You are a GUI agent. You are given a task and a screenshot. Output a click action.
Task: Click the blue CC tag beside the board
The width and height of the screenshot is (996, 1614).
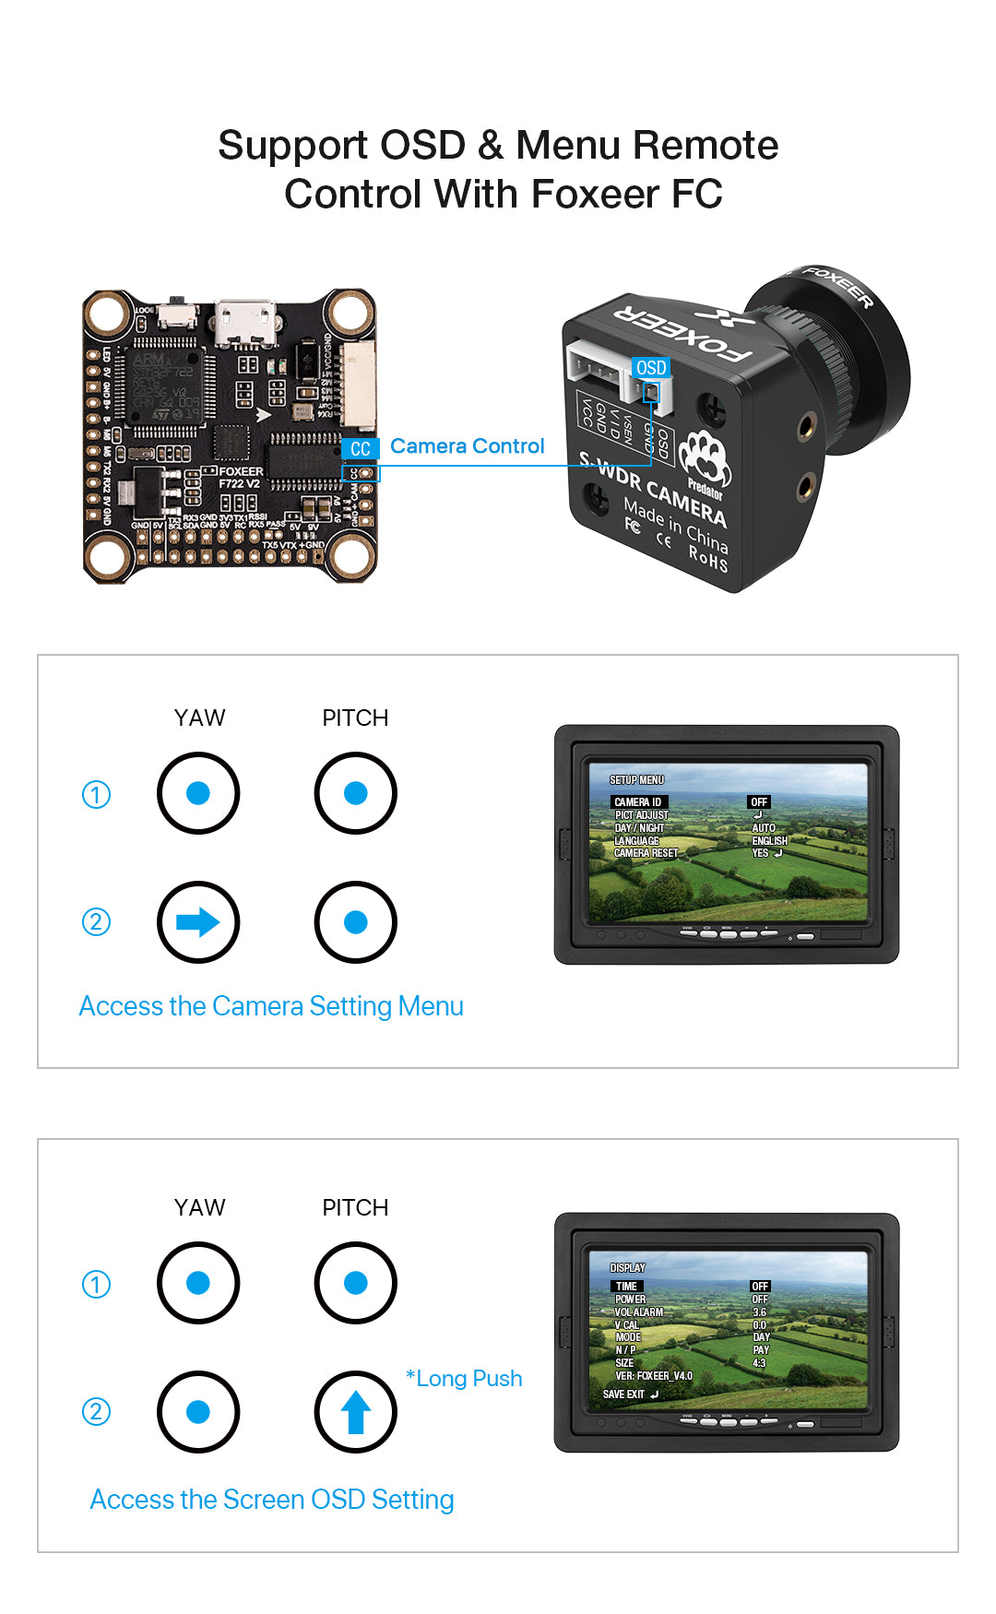click(360, 449)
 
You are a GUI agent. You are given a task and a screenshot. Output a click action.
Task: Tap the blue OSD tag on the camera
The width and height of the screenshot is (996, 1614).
click(651, 368)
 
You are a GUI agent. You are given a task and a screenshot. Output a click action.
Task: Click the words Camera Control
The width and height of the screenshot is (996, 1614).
click(467, 446)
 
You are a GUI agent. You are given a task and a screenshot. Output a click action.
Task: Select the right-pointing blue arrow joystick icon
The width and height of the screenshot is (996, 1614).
click(198, 922)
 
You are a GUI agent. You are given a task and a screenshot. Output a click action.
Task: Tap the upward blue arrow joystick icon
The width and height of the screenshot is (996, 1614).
click(356, 1412)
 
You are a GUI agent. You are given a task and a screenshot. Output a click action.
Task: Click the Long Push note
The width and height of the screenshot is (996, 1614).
click(465, 1379)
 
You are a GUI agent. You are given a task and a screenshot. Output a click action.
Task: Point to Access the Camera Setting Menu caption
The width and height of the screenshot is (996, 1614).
click(271, 1006)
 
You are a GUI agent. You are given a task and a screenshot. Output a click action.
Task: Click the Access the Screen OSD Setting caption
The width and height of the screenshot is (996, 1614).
click(272, 1500)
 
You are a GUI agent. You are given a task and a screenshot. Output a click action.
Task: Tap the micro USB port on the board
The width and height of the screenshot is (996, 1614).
click(245, 325)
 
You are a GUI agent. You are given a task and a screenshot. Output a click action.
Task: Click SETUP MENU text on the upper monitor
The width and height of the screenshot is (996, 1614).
click(636, 780)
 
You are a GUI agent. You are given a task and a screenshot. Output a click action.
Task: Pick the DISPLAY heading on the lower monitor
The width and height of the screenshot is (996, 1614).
click(628, 1268)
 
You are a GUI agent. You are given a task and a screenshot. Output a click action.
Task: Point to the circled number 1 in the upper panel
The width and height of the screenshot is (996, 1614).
click(96, 794)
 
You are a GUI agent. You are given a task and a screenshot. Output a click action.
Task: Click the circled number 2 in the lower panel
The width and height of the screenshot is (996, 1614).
click(96, 1412)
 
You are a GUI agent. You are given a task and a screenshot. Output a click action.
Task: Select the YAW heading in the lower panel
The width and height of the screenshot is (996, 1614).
click(199, 1207)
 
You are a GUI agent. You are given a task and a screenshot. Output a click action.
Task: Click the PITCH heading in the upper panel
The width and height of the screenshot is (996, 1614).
click(355, 718)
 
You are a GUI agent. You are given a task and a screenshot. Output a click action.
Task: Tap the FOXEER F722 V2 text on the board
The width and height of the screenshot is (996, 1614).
click(241, 477)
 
